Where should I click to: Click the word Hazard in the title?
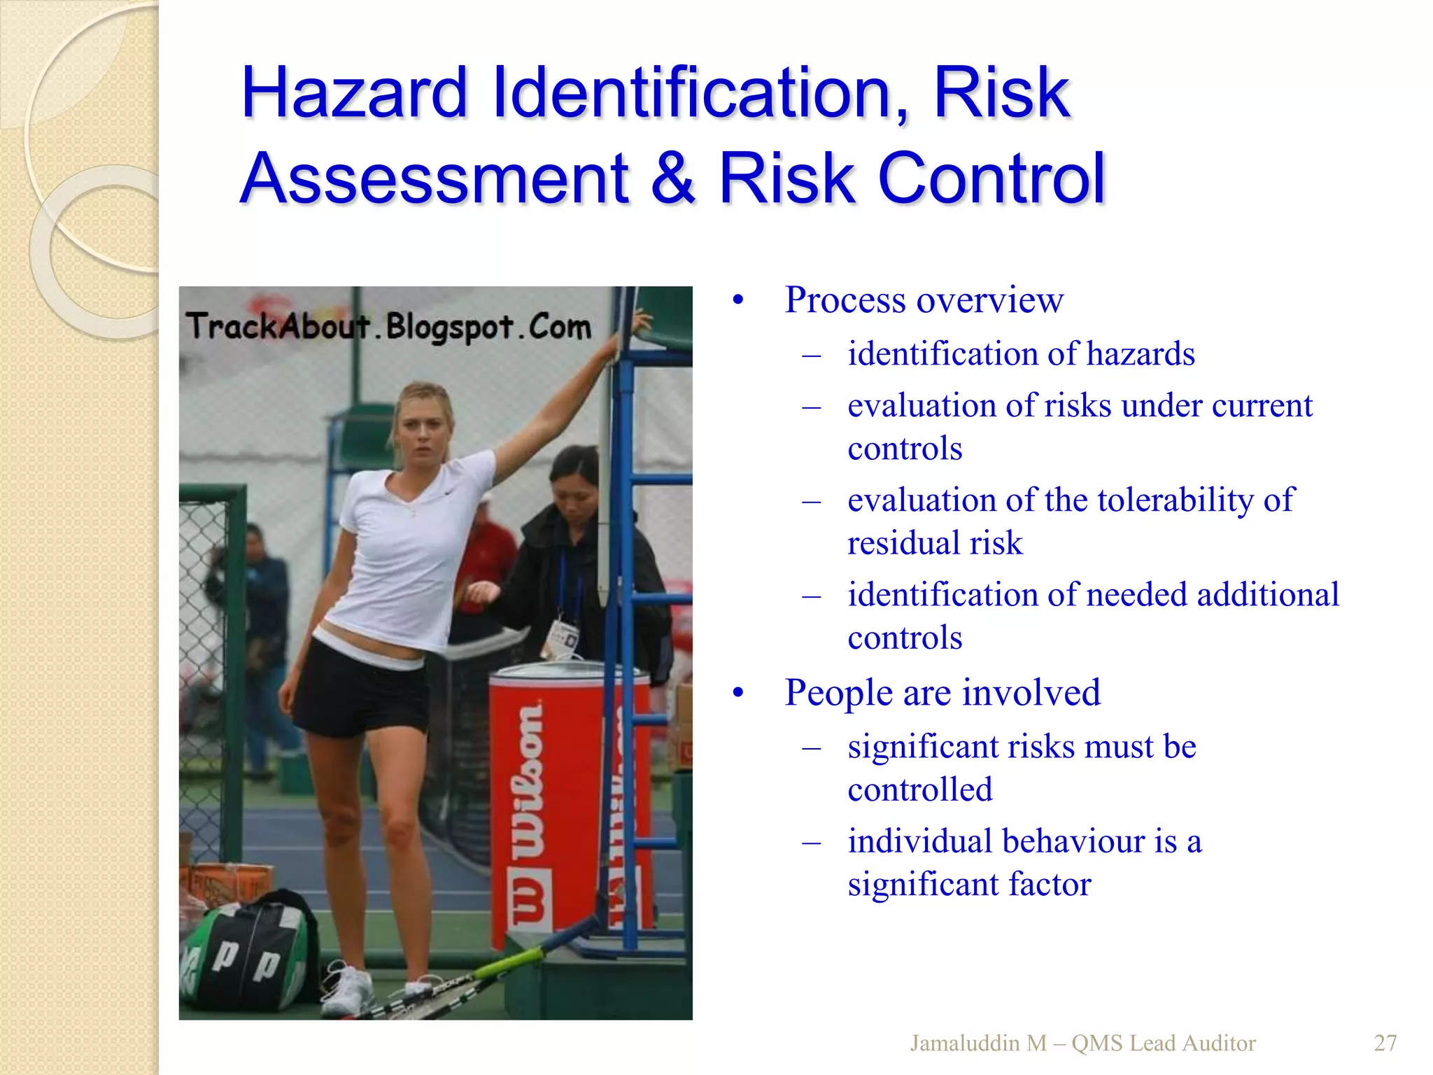pos(353,92)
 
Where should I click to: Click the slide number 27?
pos(1385,1043)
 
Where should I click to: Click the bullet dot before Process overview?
pos(737,302)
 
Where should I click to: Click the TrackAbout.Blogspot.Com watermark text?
pos(388,327)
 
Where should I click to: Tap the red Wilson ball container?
pos(553,805)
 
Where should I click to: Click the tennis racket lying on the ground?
pos(455,987)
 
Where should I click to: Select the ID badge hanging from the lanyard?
pos(563,637)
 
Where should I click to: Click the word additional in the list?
pos(1268,594)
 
